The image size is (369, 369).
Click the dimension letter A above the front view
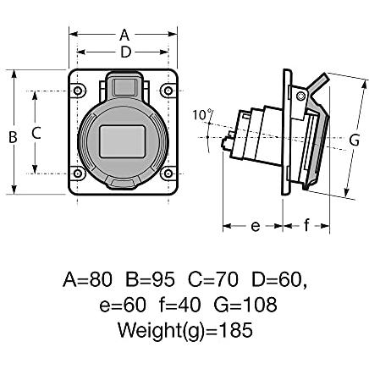(x=124, y=35)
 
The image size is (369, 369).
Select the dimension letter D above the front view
(x=126, y=52)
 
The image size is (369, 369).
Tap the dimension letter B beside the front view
(x=13, y=137)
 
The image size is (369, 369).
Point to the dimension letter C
(x=36, y=133)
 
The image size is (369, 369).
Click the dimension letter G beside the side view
(x=355, y=140)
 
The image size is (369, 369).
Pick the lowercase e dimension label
(x=256, y=226)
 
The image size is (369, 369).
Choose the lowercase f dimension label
(x=306, y=225)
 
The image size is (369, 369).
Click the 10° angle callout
(x=202, y=115)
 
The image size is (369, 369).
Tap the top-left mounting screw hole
(x=78, y=91)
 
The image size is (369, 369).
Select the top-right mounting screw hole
(x=168, y=91)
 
